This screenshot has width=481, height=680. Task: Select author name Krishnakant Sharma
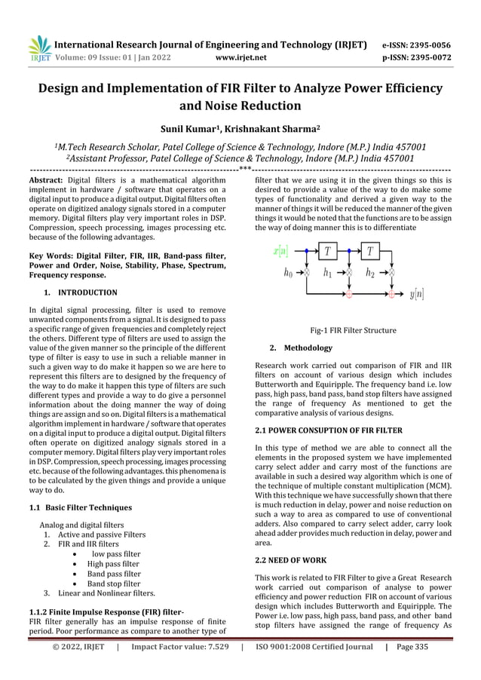tap(279, 131)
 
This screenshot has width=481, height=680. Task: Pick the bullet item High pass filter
tap(113, 563)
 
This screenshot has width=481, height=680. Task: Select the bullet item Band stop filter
tap(113, 583)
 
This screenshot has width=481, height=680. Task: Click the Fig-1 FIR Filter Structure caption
tap(353, 329)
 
